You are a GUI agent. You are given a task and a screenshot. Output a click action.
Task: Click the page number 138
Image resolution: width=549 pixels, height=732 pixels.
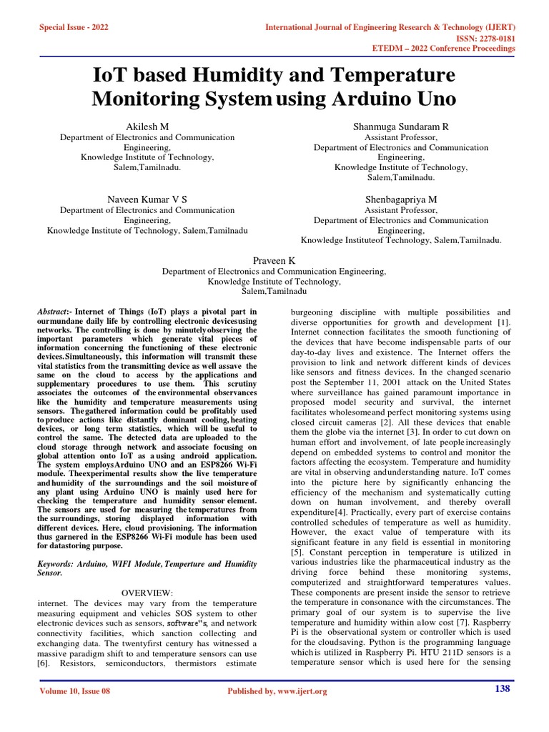click(x=502, y=688)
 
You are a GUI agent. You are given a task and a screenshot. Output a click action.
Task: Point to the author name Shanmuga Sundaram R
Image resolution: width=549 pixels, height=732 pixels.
click(x=401, y=126)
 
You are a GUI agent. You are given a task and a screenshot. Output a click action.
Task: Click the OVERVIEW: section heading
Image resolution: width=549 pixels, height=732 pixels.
click(x=147, y=593)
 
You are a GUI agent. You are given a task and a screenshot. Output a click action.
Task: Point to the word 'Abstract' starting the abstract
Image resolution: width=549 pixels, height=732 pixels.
click(x=54, y=312)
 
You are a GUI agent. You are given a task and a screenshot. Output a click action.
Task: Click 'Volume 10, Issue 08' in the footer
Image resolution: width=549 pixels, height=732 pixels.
click(x=74, y=691)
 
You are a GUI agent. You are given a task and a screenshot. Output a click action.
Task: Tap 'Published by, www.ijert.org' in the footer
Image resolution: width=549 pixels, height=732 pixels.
click(x=277, y=691)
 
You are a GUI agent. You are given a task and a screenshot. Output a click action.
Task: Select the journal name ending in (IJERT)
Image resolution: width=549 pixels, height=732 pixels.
click(x=390, y=27)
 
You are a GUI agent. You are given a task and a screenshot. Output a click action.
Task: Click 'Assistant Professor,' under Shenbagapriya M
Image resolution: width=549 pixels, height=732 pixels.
click(x=400, y=210)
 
